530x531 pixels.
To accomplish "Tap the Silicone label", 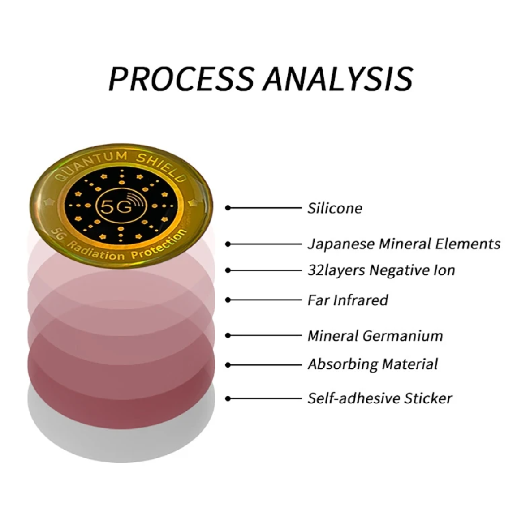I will click(x=334, y=208).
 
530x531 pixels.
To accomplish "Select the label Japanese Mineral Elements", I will click(x=404, y=244).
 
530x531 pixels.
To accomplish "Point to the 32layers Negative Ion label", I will click(x=381, y=270).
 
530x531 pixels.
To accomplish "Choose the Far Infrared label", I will click(x=347, y=300).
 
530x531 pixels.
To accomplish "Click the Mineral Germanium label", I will click(x=375, y=336).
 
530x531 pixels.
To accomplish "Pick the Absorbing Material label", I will click(x=372, y=364).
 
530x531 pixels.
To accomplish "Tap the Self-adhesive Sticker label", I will click(x=379, y=398).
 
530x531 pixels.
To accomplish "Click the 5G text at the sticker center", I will click(x=111, y=207).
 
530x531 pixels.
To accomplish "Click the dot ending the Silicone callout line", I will click(x=228, y=208).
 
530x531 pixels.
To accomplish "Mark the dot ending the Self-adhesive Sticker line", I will click(x=228, y=398).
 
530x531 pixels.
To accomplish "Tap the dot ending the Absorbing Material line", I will click(x=228, y=365).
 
